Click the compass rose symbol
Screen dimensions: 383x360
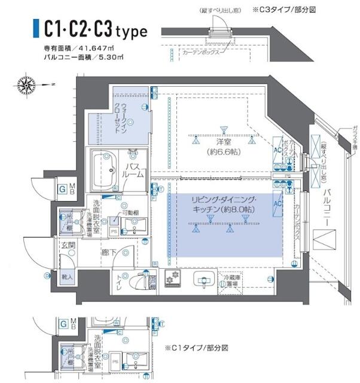(x=27, y=84)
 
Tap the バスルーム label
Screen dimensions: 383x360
(x=135, y=169)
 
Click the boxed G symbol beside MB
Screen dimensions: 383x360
(x=62, y=190)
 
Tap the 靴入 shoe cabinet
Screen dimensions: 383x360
(x=68, y=278)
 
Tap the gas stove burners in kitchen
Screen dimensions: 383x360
(x=174, y=279)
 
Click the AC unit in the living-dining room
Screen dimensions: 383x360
(x=278, y=204)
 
